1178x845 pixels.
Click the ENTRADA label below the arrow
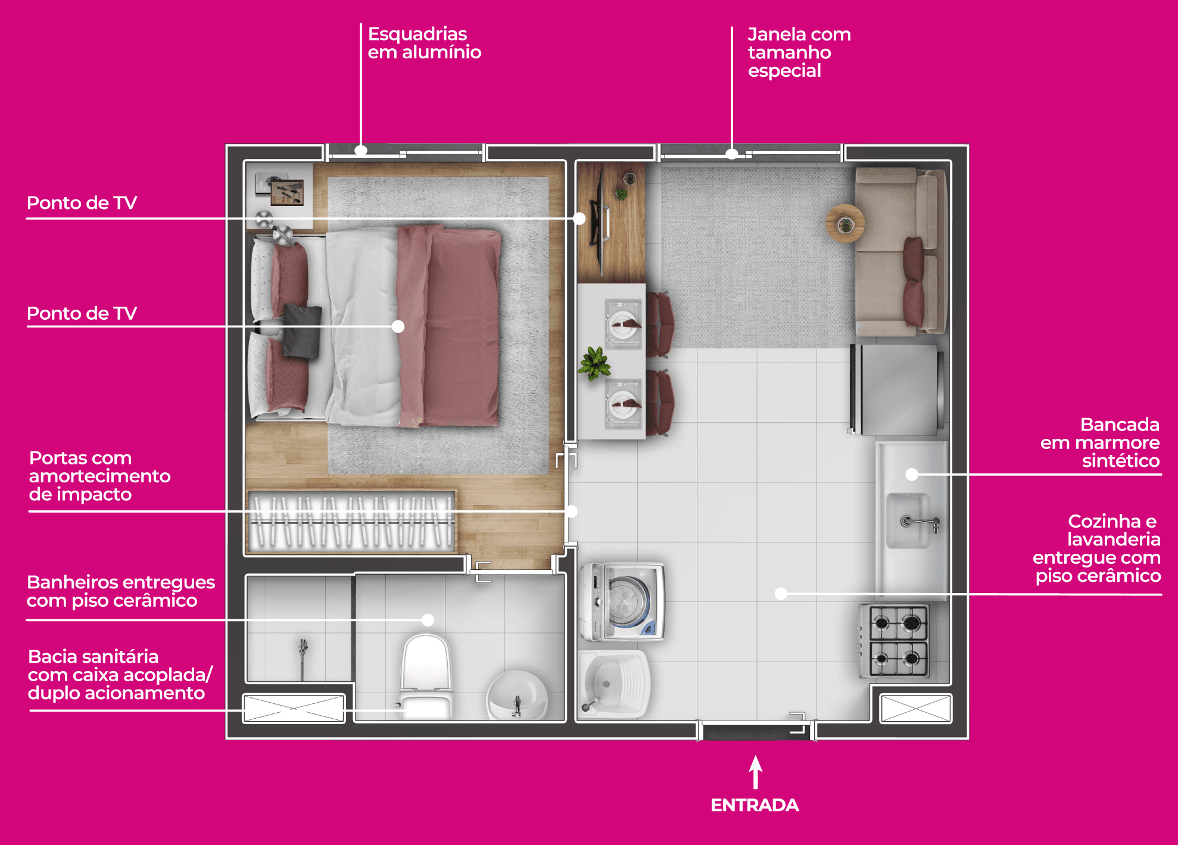[755, 805]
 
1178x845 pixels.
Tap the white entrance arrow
[756, 772]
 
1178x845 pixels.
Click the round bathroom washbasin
[517, 695]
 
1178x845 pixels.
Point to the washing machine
[622, 602]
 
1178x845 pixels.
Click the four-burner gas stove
[895, 641]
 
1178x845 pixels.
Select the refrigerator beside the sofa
[896, 389]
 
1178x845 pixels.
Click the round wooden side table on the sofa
[844, 223]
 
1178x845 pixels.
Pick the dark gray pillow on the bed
[302, 330]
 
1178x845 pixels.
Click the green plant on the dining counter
[594, 363]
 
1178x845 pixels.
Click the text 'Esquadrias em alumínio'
[424, 43]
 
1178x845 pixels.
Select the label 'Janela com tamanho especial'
[799, 52]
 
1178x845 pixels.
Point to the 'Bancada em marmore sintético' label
[1100, 442]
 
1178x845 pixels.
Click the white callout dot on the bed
[398, 326]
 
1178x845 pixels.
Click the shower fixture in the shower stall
[303, 655]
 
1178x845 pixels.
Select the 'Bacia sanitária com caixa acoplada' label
[120, 675]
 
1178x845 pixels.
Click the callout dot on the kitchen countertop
[912, 475]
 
